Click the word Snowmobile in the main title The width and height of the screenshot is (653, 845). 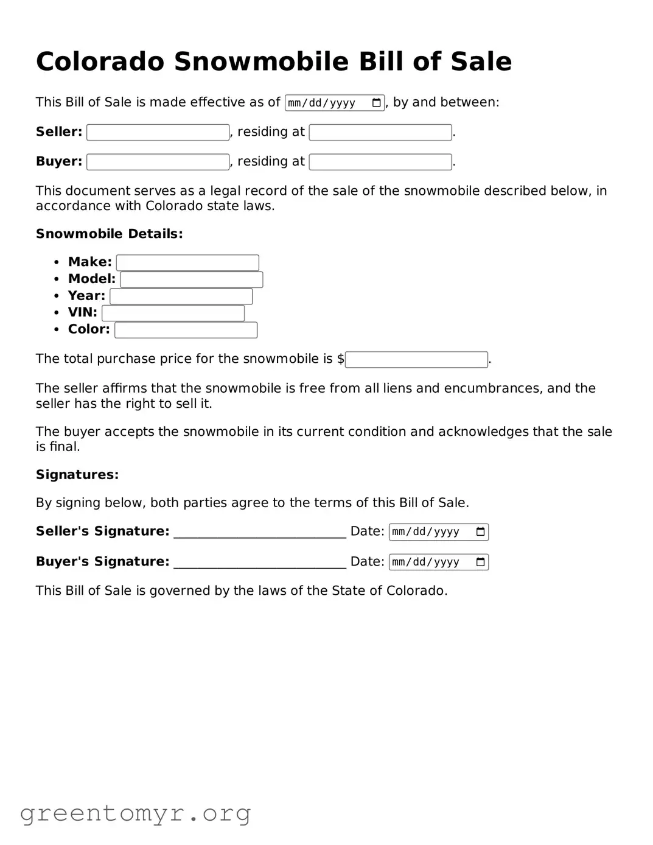point(262,61)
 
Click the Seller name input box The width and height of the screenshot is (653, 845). point(158,132)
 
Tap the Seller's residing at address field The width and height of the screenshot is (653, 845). point(380,132)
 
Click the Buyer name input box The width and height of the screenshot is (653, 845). point(158,162)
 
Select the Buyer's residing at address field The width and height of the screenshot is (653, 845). point(380,162)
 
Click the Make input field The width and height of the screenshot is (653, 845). point(187,262)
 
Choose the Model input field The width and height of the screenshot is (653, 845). point(191,279)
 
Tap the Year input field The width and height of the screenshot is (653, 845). point(181,296)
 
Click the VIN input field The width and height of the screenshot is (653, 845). point(173,313)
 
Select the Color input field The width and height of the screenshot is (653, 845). point(186,330)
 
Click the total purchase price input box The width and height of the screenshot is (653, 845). point(416,359)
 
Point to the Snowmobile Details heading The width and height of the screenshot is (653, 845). point(109,234)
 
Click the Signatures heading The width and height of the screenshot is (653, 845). point(77,475)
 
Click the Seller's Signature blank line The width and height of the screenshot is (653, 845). point(260,533)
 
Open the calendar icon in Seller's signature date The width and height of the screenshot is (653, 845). point(480,532)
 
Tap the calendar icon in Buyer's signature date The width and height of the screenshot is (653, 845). point(480,562)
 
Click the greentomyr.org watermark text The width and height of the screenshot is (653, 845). point(135,813)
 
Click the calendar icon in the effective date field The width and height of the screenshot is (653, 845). point(376,103)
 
